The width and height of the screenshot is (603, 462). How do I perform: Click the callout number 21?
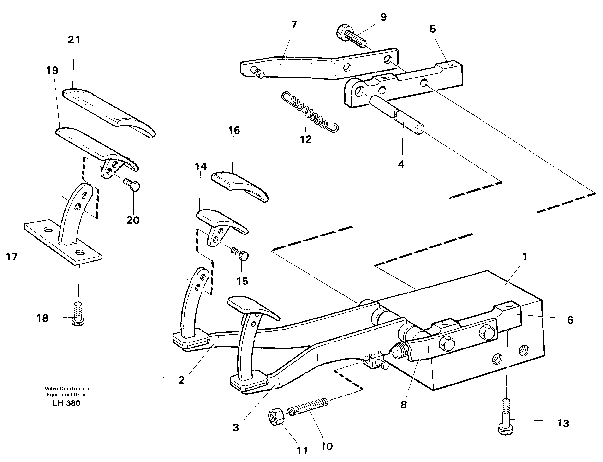pos(74,40)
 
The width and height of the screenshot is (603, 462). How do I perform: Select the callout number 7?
pos(294,25)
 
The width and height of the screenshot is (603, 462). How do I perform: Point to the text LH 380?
pos(66,403)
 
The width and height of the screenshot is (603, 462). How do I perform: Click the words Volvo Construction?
pos(68,389)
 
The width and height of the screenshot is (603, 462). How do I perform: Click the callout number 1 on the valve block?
pos(524,257)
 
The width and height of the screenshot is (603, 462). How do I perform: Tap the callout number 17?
pos(12,257)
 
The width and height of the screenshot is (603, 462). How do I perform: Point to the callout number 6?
pos(570,320)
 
